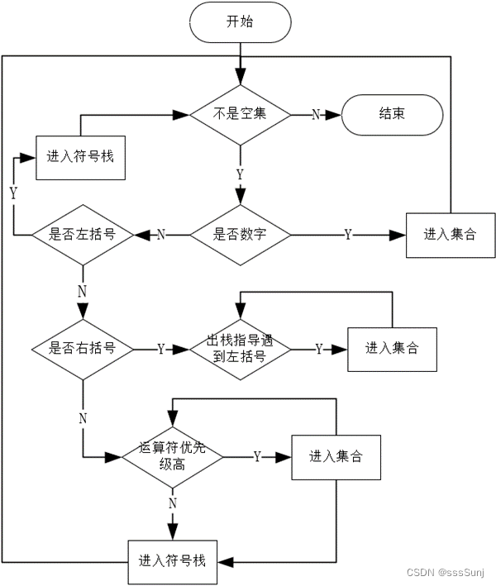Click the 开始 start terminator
[240, 22]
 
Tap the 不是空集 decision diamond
[240, 114]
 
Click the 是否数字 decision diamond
[240, 235]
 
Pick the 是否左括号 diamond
[82, 235]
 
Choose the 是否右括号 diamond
[82, 349]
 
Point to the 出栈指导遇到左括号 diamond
[240, 349]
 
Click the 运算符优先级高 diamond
[172, 456]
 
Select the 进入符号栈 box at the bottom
[172, 562]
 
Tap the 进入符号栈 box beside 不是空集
[80, 157]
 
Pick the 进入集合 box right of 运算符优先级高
[336, 456]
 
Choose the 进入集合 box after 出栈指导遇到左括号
[392, 349]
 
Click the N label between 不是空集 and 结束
[315, 115]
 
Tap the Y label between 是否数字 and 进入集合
[347, 236]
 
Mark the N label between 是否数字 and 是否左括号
[160, 236]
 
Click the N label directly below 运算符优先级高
[172, 503]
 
